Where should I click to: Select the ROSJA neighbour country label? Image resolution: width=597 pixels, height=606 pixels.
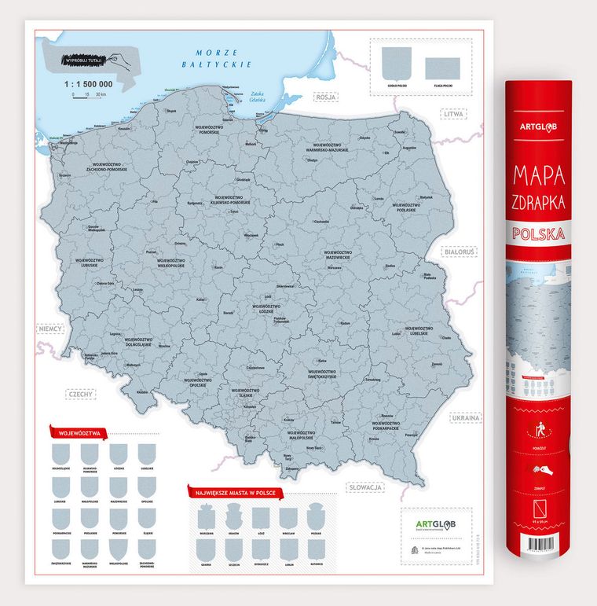325,97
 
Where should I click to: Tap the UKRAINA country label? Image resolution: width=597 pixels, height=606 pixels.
465,418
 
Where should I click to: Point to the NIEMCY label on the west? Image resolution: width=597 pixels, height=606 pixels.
53,331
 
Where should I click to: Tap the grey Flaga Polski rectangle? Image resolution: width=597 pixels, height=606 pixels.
441,63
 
